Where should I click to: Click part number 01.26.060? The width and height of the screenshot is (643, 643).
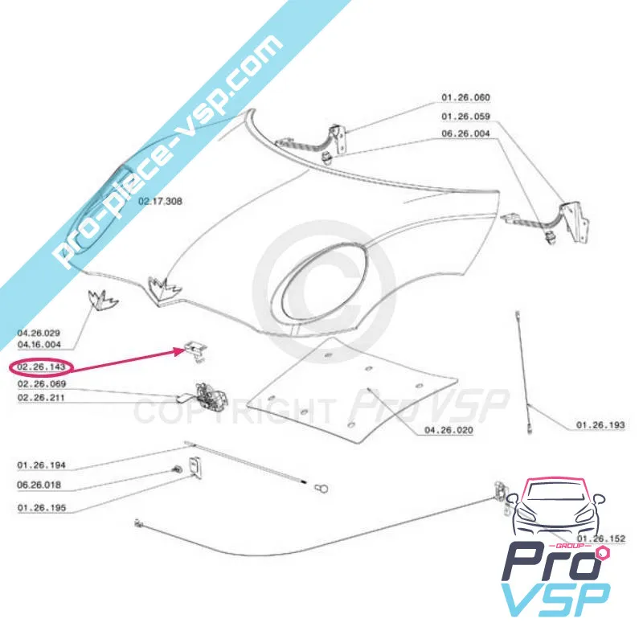click(x=465, y=97)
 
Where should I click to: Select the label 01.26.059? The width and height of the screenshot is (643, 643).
click(x=465, y=117)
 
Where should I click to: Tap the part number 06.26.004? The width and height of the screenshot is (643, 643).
click(x=465, y=135)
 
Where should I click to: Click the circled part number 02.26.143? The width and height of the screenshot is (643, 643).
click(x=40, y=367)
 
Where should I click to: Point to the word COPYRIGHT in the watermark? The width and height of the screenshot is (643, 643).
click(x=233, y=412)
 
